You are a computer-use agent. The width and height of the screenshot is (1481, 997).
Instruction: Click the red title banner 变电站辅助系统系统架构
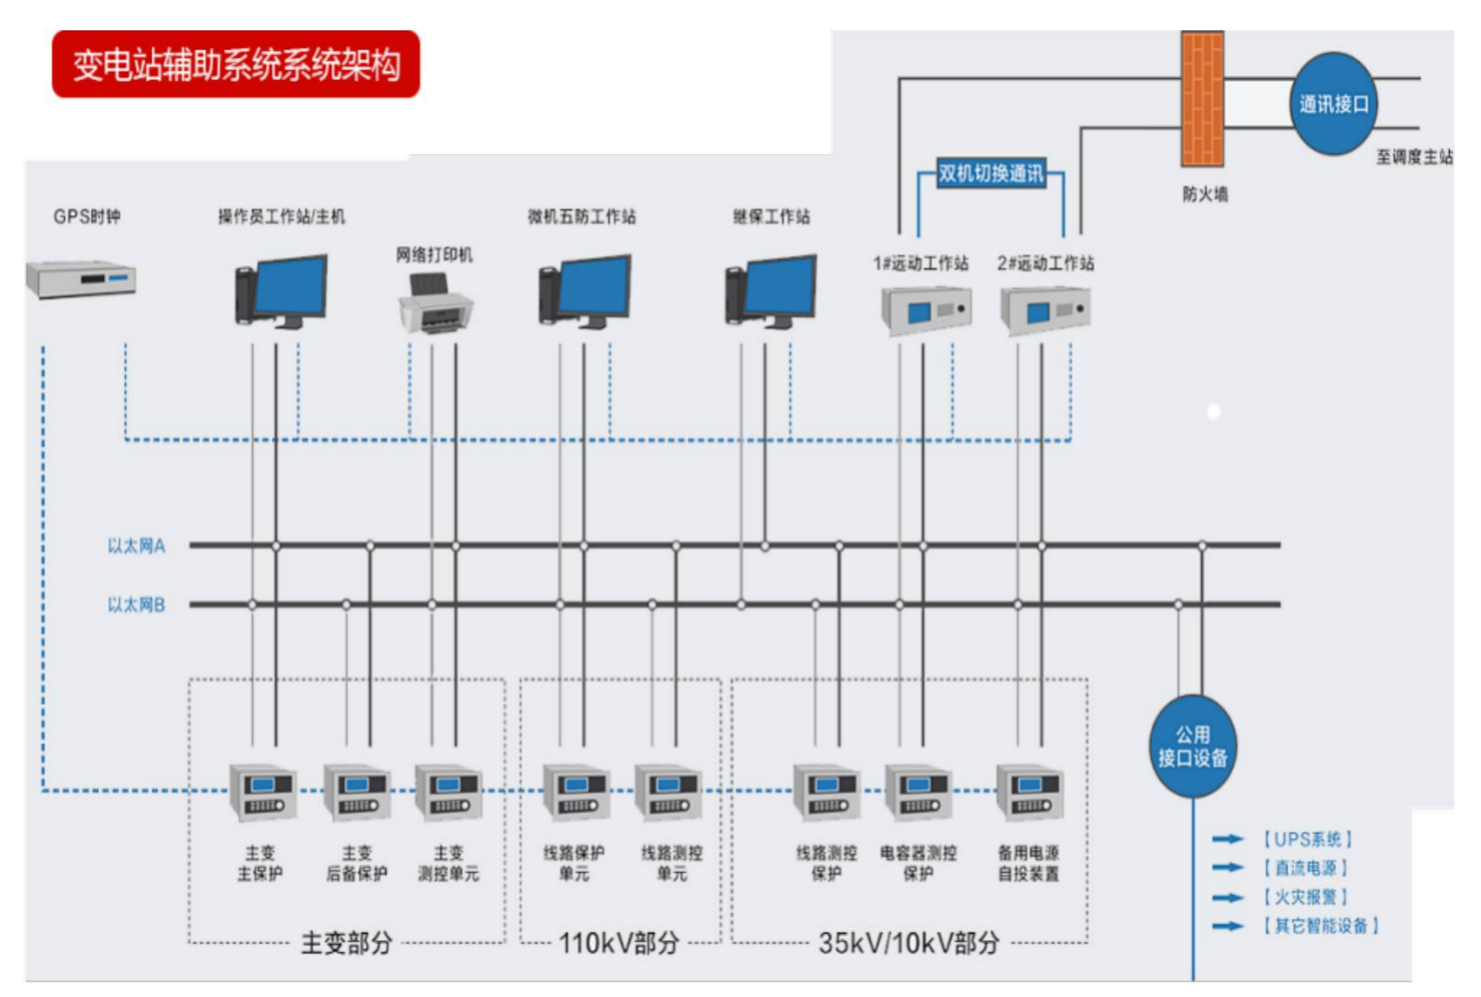pos(236,64)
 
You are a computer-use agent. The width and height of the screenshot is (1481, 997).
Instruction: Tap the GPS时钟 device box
pos(81,279)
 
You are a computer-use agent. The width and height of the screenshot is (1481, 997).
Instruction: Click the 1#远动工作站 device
pos(926,310)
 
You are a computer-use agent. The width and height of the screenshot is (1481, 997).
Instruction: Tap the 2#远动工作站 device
pos(1044,310)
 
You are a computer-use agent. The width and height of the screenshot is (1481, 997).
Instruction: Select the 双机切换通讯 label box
pos(990,173)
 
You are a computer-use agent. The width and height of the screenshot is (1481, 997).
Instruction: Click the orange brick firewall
pos(1202,99)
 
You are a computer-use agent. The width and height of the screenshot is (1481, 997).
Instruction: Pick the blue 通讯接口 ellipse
pos(1333,104)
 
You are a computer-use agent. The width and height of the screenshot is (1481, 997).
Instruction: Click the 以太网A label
pos(136,546)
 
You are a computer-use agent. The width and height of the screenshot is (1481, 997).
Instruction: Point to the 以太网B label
pos(136,604)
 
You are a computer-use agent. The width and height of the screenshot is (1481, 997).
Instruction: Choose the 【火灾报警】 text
pos(1305,897)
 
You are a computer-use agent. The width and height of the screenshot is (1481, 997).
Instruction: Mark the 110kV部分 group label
pos(619,943)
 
